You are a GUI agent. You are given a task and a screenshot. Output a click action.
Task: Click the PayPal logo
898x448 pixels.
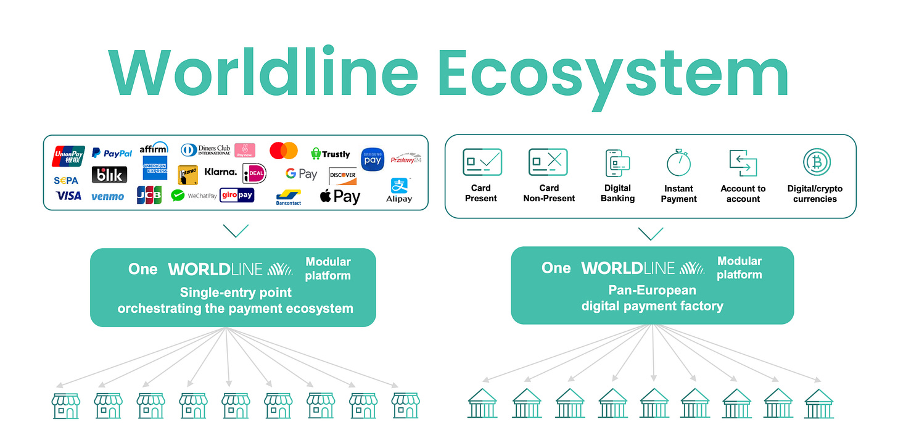pyautogui.click(x=112, y=153)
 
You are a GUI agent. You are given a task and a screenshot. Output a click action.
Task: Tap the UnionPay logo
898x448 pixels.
pyautogui.click(x=68, y=156)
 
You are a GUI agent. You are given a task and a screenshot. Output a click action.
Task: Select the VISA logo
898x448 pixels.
pyautogui.click(x=68, y=196)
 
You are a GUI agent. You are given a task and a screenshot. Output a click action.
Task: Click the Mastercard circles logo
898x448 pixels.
pyautogui.click(x=284, y=151)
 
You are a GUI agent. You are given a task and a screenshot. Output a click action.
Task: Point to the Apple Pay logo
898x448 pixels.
pyautogui.click(x=340, y=197)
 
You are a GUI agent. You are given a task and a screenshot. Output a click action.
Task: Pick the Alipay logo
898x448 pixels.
pyautogui.click(x=398, y=190)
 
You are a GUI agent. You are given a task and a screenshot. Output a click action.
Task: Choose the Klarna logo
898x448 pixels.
pyautogui.click(x=220, y=172)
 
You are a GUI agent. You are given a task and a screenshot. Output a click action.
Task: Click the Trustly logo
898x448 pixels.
pyautogui.click(x=330, y=154)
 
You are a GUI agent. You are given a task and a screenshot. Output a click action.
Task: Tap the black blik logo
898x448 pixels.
pyautogui.click(x=109, y=175)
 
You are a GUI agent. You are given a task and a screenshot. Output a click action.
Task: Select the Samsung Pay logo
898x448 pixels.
pyautogui.click(x=373, y=159)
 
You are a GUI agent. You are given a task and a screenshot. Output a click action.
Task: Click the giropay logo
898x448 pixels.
pyautogui.click(x=237, y=196)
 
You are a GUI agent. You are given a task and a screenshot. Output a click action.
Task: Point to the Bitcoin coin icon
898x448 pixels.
pyautogui.click(x=817, y=162)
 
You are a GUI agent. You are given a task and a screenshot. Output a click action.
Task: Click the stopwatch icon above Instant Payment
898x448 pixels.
pyautogui.click(x=678, y=163)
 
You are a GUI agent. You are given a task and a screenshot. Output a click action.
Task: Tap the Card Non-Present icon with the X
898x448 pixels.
pyautogui.click(x=548, y=162)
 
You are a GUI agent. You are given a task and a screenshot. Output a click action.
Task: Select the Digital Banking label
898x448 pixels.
pyautogui.click(x=617, y=193)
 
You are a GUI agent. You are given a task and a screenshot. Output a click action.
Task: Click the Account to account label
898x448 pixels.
pyautogui.click(x=743, y=194)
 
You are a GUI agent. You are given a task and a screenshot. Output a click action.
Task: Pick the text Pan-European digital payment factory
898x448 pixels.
pyautogui.click(x=652, y=297)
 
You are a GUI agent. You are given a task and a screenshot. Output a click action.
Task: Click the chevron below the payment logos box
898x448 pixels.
pyautogui.click(x=236, y=231)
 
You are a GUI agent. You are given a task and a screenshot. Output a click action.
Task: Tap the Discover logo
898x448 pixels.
pyautogui.click(x=342, y=175)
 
